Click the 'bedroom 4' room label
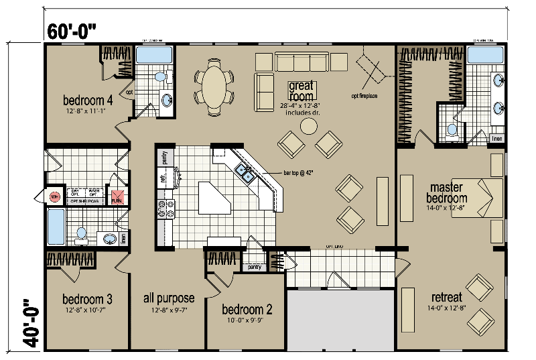(x=87, y=101)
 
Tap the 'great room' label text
(x=301, y=91)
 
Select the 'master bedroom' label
(x=448, y=192)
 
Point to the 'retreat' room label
(x=447, y=297)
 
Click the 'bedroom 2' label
(x=247, y=310)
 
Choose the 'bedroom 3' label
(x=87, y=298)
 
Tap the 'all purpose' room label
(x=170, y=298)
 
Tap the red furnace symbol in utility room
(x=117, y=198)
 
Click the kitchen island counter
(x=214, y=198)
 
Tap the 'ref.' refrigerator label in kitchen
(x=163, y=178)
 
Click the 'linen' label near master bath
(x=496, y=139)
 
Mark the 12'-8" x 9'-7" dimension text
(x=170, y=310)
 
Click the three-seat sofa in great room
(x=301, y=62)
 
